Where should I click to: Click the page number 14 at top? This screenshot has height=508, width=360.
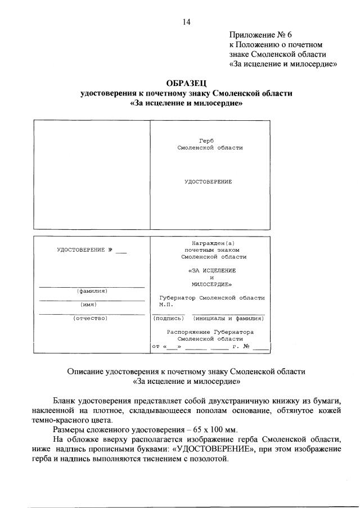[186, 22]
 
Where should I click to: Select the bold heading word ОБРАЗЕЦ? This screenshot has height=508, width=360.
[186, 83]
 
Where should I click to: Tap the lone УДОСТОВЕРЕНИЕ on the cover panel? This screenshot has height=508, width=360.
[208, 182]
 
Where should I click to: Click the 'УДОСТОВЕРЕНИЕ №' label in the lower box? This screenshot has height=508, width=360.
[85, 250]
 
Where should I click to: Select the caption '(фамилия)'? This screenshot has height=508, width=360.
[92, 291]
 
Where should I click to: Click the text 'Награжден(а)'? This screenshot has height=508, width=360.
[208, 243]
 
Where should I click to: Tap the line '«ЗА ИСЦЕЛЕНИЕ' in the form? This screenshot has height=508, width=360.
[208, 270]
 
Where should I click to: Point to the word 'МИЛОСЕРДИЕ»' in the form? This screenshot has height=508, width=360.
[208, 284]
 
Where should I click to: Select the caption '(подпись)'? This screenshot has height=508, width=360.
[169, 318]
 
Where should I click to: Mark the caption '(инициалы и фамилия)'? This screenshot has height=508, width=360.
[228, 318]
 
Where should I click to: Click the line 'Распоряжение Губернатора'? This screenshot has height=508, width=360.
[210, 332]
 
